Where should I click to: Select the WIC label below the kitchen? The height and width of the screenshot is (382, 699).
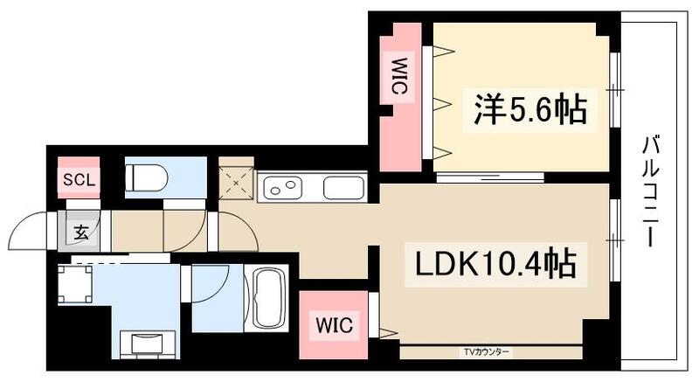(x=333, y=326)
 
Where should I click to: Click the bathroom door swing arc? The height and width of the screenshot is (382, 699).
(x=210, y=288)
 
